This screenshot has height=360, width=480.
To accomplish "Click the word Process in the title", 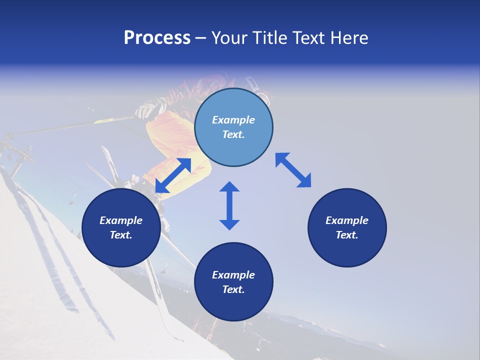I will click(157, 38).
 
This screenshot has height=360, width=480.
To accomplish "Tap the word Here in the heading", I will click(349, 38).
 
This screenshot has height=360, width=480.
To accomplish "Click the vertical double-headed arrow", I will click(229, 206).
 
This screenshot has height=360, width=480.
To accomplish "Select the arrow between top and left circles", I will click(173, 175).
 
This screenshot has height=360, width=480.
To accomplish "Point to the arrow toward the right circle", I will click(293, 170).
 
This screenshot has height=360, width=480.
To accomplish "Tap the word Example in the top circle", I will click(233, 120).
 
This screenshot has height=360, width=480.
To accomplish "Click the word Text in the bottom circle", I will click(233, 289).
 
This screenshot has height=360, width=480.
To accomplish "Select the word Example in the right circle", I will click(347, 220).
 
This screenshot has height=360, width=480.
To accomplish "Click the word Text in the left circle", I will click(120, 235).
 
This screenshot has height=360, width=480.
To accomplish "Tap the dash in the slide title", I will click(201, 38).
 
